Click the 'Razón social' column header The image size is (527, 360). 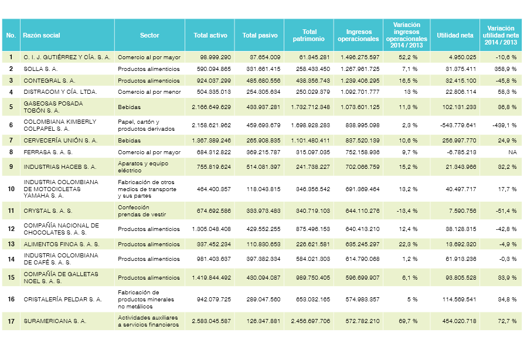41,35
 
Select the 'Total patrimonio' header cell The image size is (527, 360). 309,35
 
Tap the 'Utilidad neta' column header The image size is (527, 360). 455,35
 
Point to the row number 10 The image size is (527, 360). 11,189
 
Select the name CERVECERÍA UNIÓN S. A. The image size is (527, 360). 60,140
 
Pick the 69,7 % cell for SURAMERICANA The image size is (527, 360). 408,321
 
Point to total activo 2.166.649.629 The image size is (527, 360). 211,107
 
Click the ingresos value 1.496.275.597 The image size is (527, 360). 358,57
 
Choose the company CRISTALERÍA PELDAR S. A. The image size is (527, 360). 63,300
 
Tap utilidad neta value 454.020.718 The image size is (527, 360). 455,321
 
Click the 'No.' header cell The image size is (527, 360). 11,35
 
